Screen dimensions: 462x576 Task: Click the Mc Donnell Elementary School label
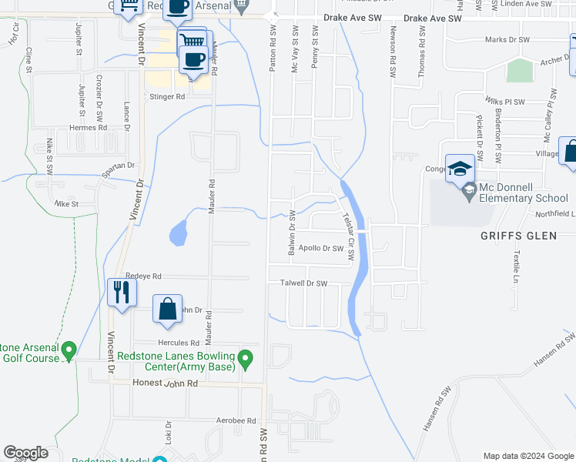tap(523, 192)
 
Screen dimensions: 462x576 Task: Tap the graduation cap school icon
tap(460, 168)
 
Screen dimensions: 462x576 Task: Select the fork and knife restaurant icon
tap(121, 292)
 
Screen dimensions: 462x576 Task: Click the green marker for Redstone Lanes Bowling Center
tap(246, 358)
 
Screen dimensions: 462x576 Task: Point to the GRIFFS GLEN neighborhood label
tap(519, 236)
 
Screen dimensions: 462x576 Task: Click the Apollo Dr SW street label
tap(320, 249)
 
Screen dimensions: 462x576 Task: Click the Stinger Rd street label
tap(167, 97)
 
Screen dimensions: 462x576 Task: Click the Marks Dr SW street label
tap(507, 40)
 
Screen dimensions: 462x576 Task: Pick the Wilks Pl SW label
tap(504, 102)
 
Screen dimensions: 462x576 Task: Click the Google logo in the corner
tap(25, 453)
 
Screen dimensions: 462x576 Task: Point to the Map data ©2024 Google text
tap(528, 456)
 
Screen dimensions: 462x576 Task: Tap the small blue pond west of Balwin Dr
tap(177, 233)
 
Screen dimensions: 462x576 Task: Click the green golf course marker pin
tap(68, 350)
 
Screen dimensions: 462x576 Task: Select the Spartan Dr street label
tap(119, 166)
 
